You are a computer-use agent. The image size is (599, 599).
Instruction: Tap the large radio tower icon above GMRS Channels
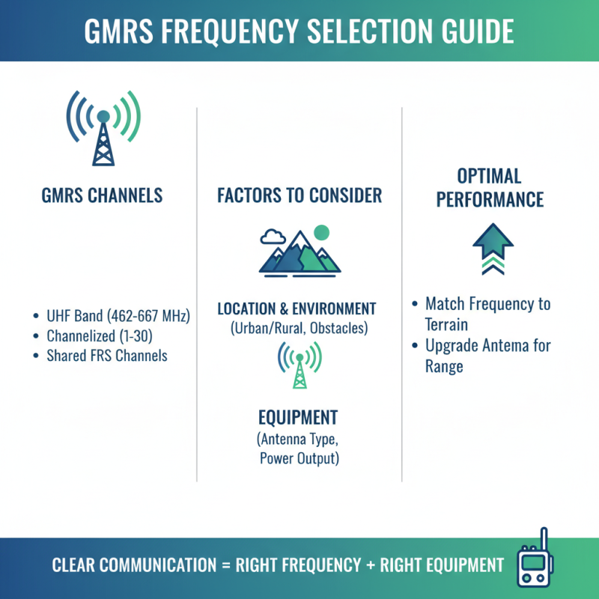point(103,128)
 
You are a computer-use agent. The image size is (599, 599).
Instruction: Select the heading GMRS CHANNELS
point(103,196)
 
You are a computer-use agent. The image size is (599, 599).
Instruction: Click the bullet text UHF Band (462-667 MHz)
point(118,316)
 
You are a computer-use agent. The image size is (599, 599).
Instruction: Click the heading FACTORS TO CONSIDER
point(299,196)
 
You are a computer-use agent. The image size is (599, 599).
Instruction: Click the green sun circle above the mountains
point(322,233)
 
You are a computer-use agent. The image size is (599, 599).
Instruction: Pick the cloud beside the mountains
point(273,237)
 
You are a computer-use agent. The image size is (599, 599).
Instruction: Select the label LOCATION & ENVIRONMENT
point(297,308)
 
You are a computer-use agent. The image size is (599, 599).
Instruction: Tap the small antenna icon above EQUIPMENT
point(299,366)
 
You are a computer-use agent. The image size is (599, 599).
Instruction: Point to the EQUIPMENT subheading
point(298,417)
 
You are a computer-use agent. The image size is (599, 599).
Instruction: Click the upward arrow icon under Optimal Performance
point(493,249)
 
